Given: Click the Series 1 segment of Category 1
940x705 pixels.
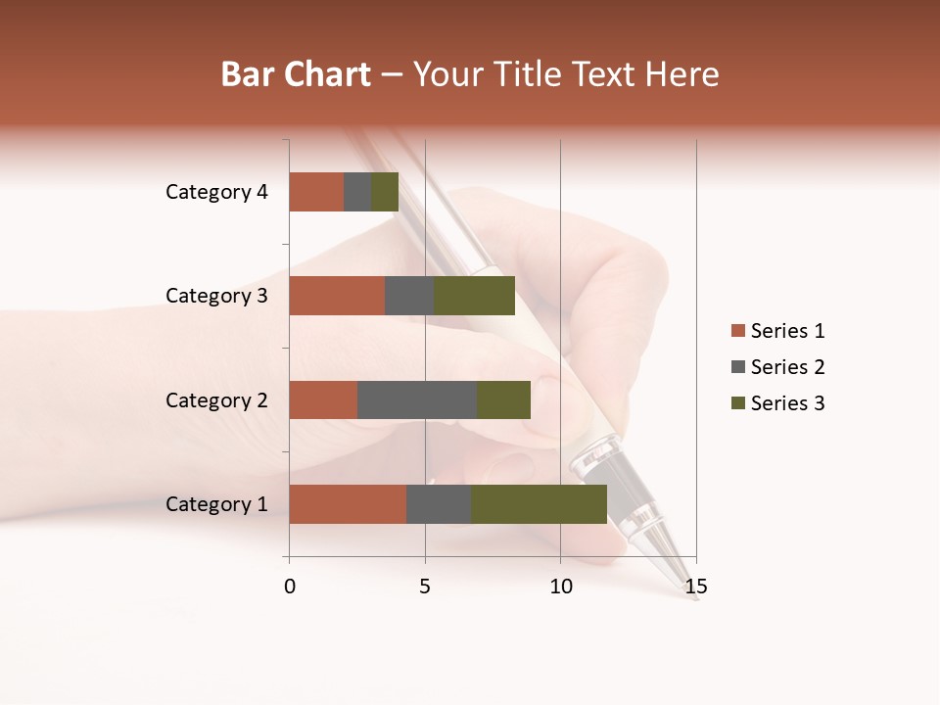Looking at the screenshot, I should pyautogui.click(x=348, y=504).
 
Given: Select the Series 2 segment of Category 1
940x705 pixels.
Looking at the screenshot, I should pyautogui.click(x=439, y=504).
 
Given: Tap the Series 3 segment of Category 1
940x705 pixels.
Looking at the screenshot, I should pyautogui.click(x=539, y=504).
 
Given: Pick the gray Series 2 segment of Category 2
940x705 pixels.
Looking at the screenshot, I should pyautogui.click(x=417, y=399).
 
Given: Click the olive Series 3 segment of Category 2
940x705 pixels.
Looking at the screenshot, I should pyautogui.click(x=503, y=399).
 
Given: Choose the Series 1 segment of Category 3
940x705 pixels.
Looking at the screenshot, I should pyautogui.click(x=337, y=296).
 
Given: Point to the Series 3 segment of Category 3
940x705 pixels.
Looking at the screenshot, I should pyautogui.click(x=474, y=296).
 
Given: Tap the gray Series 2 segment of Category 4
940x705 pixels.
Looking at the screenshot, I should pyautogui.click(x=357, y=192).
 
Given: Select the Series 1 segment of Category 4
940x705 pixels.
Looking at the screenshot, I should pyautogui.click(x=316, y=192).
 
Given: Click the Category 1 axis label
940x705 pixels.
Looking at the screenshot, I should pyautogui.click(x=215, y=504).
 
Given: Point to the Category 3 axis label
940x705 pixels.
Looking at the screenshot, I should pyautogui.click(x=215, y=296).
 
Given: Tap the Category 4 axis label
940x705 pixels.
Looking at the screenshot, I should pyautogui.click(x=215, y=192).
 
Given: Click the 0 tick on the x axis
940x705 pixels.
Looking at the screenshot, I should pyautogui.click(x=290, y=587).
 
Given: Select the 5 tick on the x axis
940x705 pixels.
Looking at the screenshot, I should pyautogui.click(x=425, y=587).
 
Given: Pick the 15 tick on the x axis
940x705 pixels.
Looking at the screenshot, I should pyautogui.click(x=695, y=587).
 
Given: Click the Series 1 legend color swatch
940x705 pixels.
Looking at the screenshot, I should pyautogui.click(x=737, y=331).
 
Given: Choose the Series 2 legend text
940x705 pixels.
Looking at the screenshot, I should pyautogui.click(x=787, y=367).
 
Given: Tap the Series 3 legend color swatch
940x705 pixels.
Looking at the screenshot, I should pyautogui.click(x=737, y=403).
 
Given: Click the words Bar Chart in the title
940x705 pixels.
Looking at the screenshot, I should pyautogui.click(x=296, y=74).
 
